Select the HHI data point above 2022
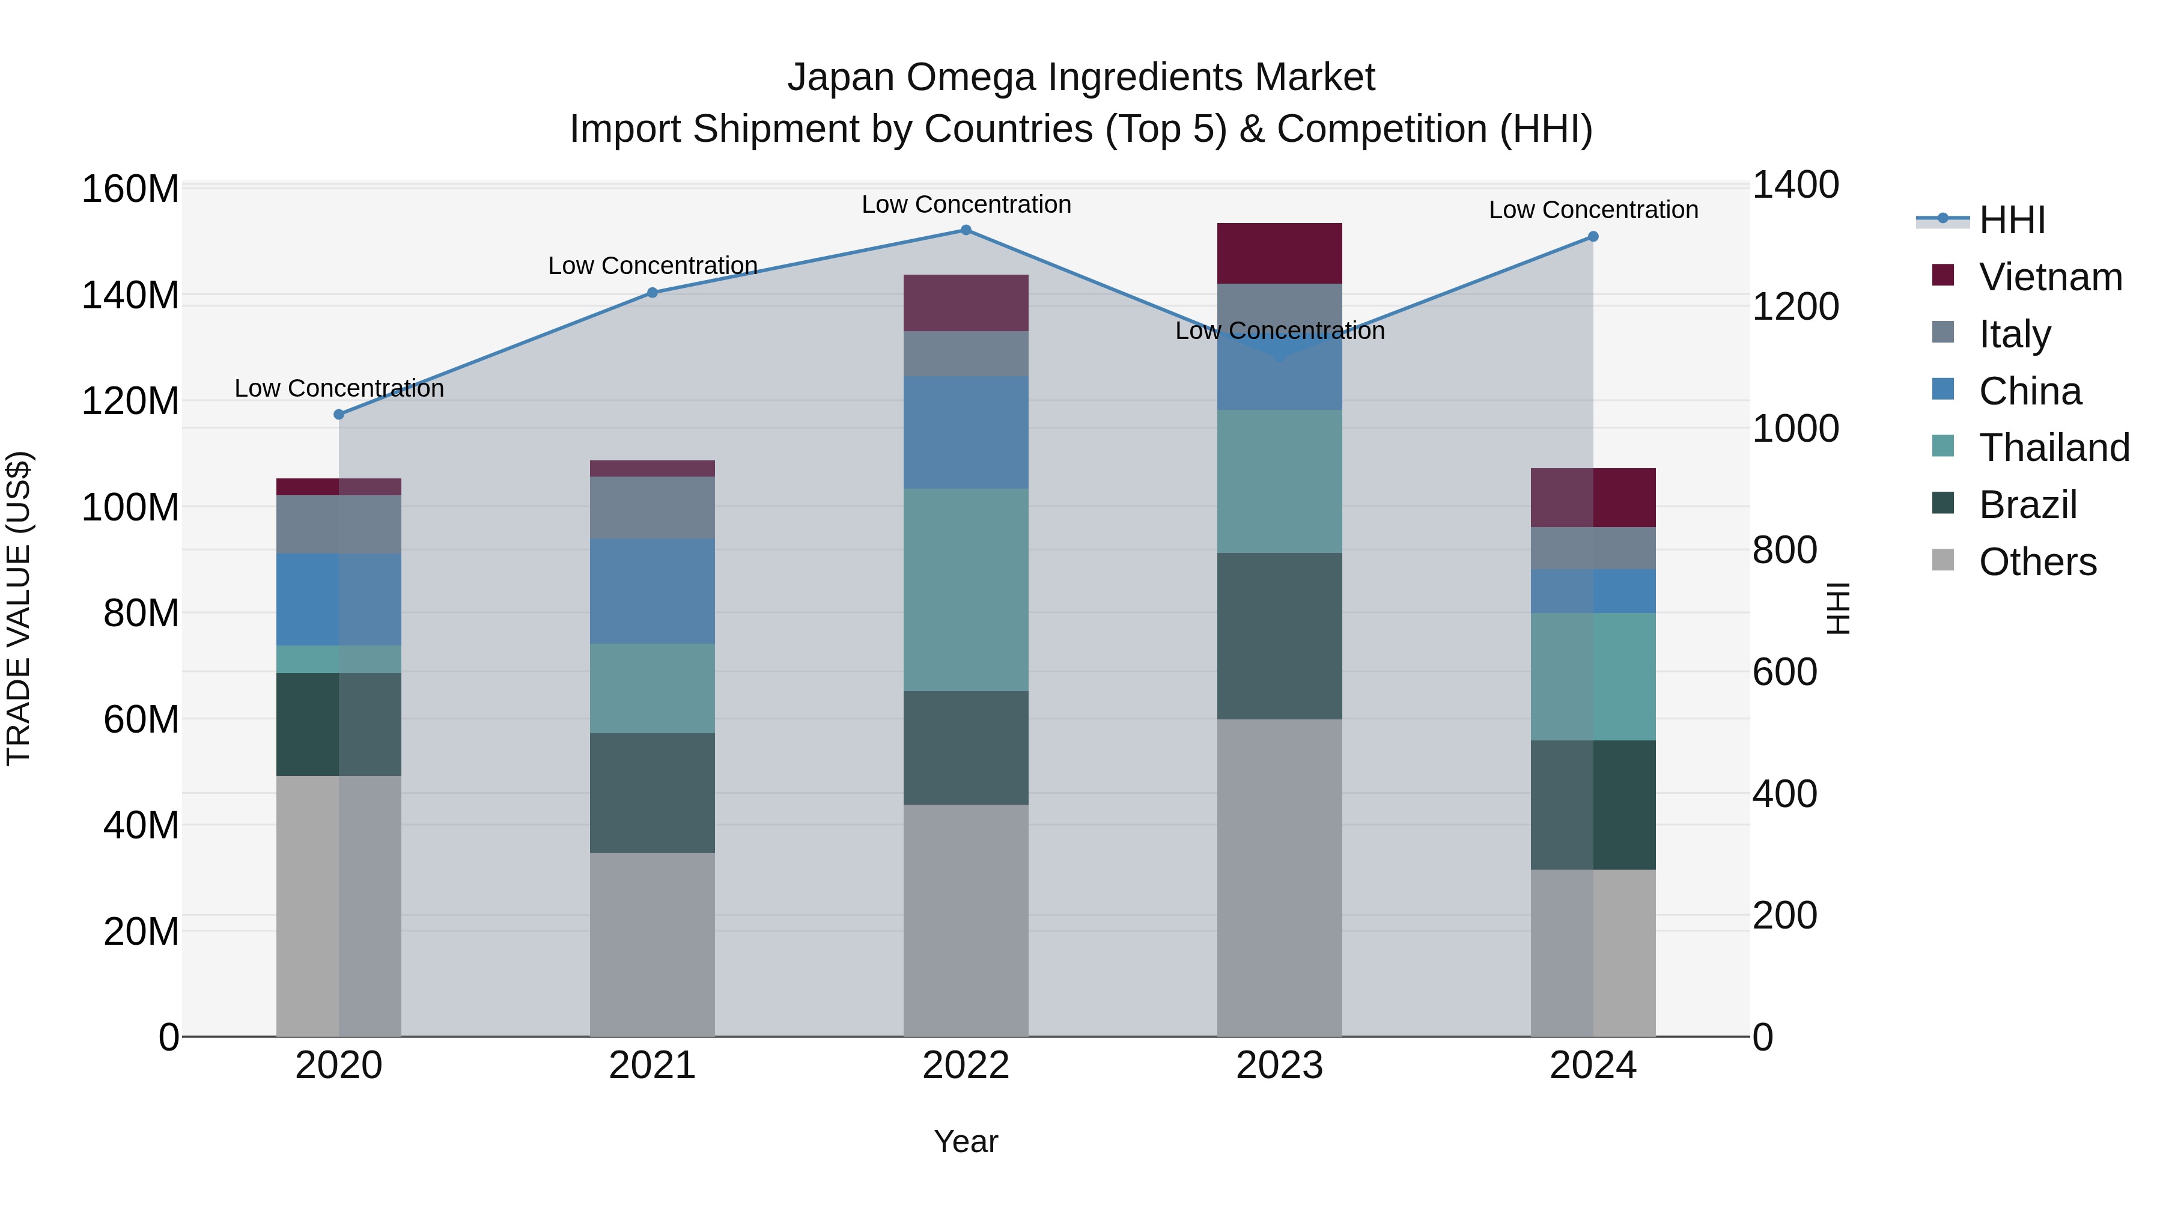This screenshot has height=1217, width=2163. (x=966, y=230)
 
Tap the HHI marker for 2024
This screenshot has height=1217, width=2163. (x=1593, y=237)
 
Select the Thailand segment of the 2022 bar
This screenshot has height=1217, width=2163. (x=966, y=590)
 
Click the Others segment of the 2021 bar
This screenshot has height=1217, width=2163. (x=653, y=944)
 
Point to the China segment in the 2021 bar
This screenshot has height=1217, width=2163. (x=653, y=591)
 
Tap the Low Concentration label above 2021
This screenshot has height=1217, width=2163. (x=653, y=266)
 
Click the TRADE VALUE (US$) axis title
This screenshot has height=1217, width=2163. (x=19, y=608)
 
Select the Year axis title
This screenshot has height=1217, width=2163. (x=966, y=1141)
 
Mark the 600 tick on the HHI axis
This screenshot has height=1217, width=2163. (x=1784, y=672)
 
